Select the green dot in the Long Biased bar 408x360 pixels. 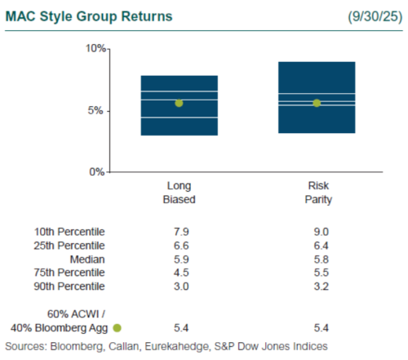click(179, 103)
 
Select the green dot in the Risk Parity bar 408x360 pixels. click(317, 103)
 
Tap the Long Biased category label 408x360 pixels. click(179, 192)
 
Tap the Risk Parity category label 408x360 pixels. click(316, 192)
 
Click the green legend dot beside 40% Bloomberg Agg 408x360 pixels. click(118, 327)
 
